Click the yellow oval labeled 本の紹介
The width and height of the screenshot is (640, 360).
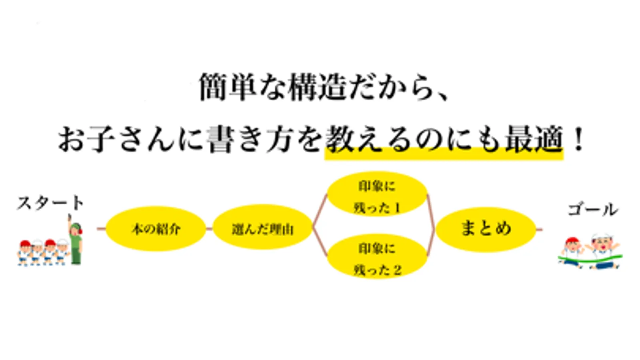[x=156, y=229]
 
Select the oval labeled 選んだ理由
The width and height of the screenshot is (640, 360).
[x=262, y=229]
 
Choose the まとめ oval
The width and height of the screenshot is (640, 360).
[x=486, y=229]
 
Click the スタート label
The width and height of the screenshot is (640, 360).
[x=50, y=203]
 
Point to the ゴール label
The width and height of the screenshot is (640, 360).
[x=593, y=209]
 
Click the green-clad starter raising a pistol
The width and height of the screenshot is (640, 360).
[x=75, y=242]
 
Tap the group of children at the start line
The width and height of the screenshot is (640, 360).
[x=42, y=252]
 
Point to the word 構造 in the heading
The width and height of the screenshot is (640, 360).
[x=316, y=87]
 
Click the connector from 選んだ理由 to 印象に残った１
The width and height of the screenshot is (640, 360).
[x=320, y=212]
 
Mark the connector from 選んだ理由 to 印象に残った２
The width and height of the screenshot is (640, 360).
[x=320, y=243]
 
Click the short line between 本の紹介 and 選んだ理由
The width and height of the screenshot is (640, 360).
[x=209, y=229]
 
